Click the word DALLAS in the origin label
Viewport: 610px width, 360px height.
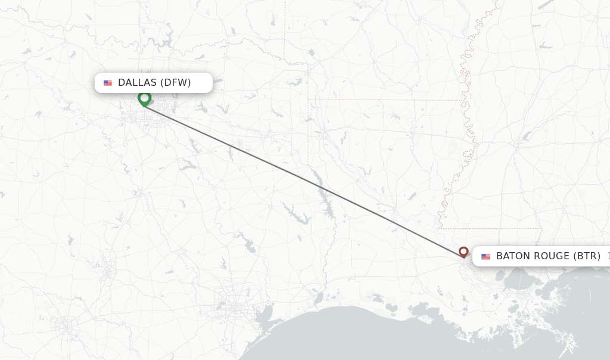(136, 83)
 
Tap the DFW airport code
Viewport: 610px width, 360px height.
(175, 83)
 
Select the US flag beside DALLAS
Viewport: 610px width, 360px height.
(108, 83)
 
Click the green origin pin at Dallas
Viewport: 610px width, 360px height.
(144, 98)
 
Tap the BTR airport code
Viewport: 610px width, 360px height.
(587, 256)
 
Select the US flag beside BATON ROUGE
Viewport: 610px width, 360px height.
(486, 256)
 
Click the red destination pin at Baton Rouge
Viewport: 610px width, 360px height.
(463, 252)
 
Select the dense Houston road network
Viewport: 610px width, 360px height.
(230, 305)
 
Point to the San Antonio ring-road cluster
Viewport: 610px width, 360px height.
(64, 325)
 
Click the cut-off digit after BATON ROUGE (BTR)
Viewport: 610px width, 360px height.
(608, 256)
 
